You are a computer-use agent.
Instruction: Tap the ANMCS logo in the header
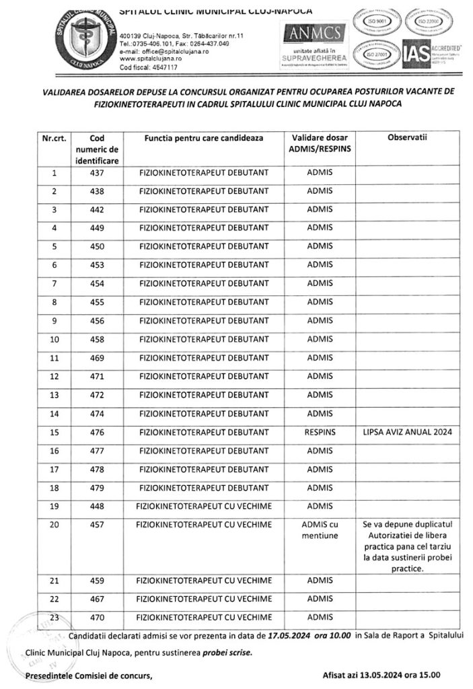[315, 32]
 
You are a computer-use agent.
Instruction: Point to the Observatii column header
[408, 137]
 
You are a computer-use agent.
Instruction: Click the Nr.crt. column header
[54, 137]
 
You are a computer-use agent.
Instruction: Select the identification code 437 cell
[98, 173]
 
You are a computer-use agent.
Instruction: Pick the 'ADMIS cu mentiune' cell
[320, 530]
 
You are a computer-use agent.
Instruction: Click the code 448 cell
[98, 505]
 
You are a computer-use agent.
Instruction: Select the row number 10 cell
[54, 338]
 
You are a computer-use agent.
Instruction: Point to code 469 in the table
[98, 357]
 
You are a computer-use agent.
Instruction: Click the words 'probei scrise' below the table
[218, 653]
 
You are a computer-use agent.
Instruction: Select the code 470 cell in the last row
[98, 616]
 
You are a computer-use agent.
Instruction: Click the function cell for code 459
[204, 580]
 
